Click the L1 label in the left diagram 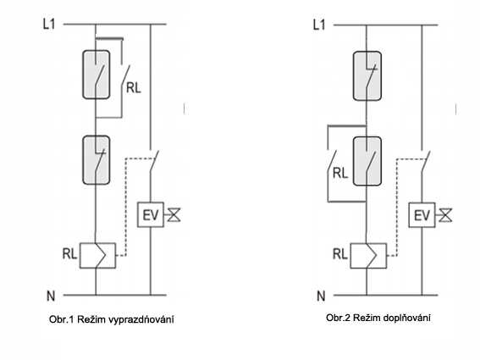coord(49,24)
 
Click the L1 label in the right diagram coord(319,25)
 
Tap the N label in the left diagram coord(51,296)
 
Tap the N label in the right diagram coord(321,296)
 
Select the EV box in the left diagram coord(151,215)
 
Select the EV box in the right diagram coord(422,215)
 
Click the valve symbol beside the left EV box coord(174,215)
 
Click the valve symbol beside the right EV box coord(445,215)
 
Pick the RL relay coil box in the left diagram coord(97,256)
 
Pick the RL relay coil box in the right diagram coord(368,256)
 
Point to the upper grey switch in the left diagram coord(97,75)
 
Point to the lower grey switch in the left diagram coord(97,160)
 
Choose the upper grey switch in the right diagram coord(367,76)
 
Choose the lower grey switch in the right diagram coord(367,162)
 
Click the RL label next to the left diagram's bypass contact coord(134,88)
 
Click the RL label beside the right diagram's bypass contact coord(340,173)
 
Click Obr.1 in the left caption coord(61,319)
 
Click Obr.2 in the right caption coord(338,318)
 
